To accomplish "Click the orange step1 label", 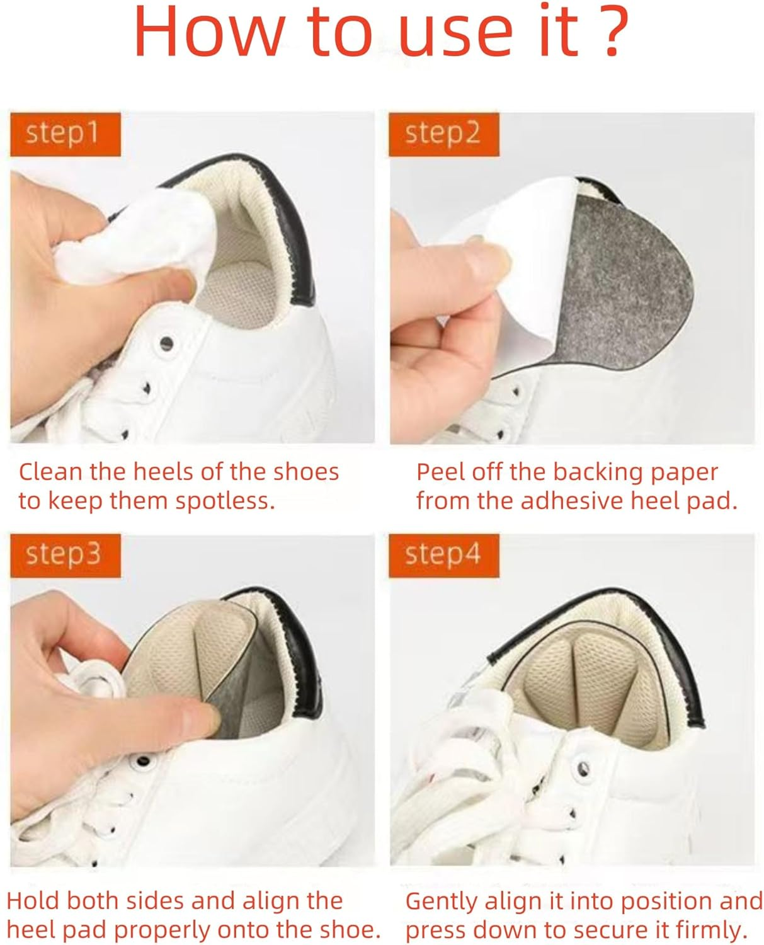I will coord(64,134).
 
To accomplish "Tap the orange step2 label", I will coord(443,134).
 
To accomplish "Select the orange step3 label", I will coord(64,555).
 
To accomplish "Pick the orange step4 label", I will coord(443,555).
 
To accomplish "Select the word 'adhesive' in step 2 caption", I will coord(562,501).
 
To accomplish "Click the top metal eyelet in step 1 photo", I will coord(166,344).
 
